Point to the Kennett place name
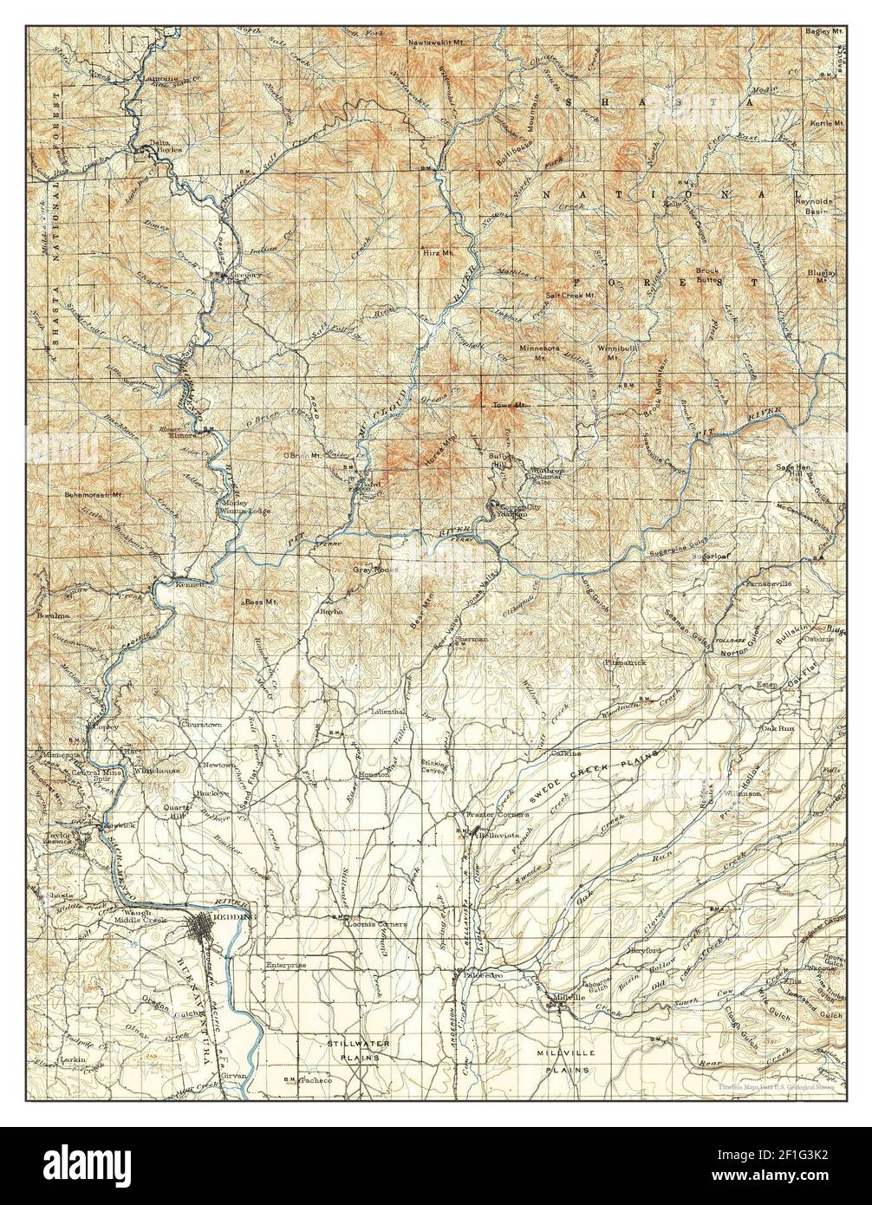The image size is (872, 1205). click(x=191, y=585)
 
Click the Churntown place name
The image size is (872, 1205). click(x=201, y=723)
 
